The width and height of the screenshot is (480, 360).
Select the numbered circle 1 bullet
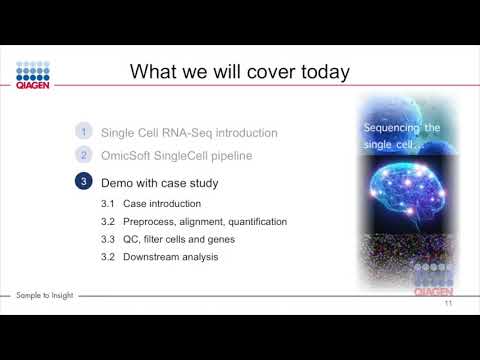[85, 132]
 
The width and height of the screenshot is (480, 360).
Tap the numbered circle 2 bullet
[85, 155]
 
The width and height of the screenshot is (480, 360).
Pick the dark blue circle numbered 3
[85, 183]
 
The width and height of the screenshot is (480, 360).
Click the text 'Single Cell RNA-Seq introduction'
[189, 132]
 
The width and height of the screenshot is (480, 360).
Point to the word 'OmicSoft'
[128, 155]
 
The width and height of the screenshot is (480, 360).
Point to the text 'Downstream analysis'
[170, 257]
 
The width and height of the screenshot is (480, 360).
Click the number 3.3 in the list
[109, 239]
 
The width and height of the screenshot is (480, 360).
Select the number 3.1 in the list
[109, 204]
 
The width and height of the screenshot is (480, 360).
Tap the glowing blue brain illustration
[404, 191]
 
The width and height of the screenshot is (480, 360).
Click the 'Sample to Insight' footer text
[45, 295]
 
